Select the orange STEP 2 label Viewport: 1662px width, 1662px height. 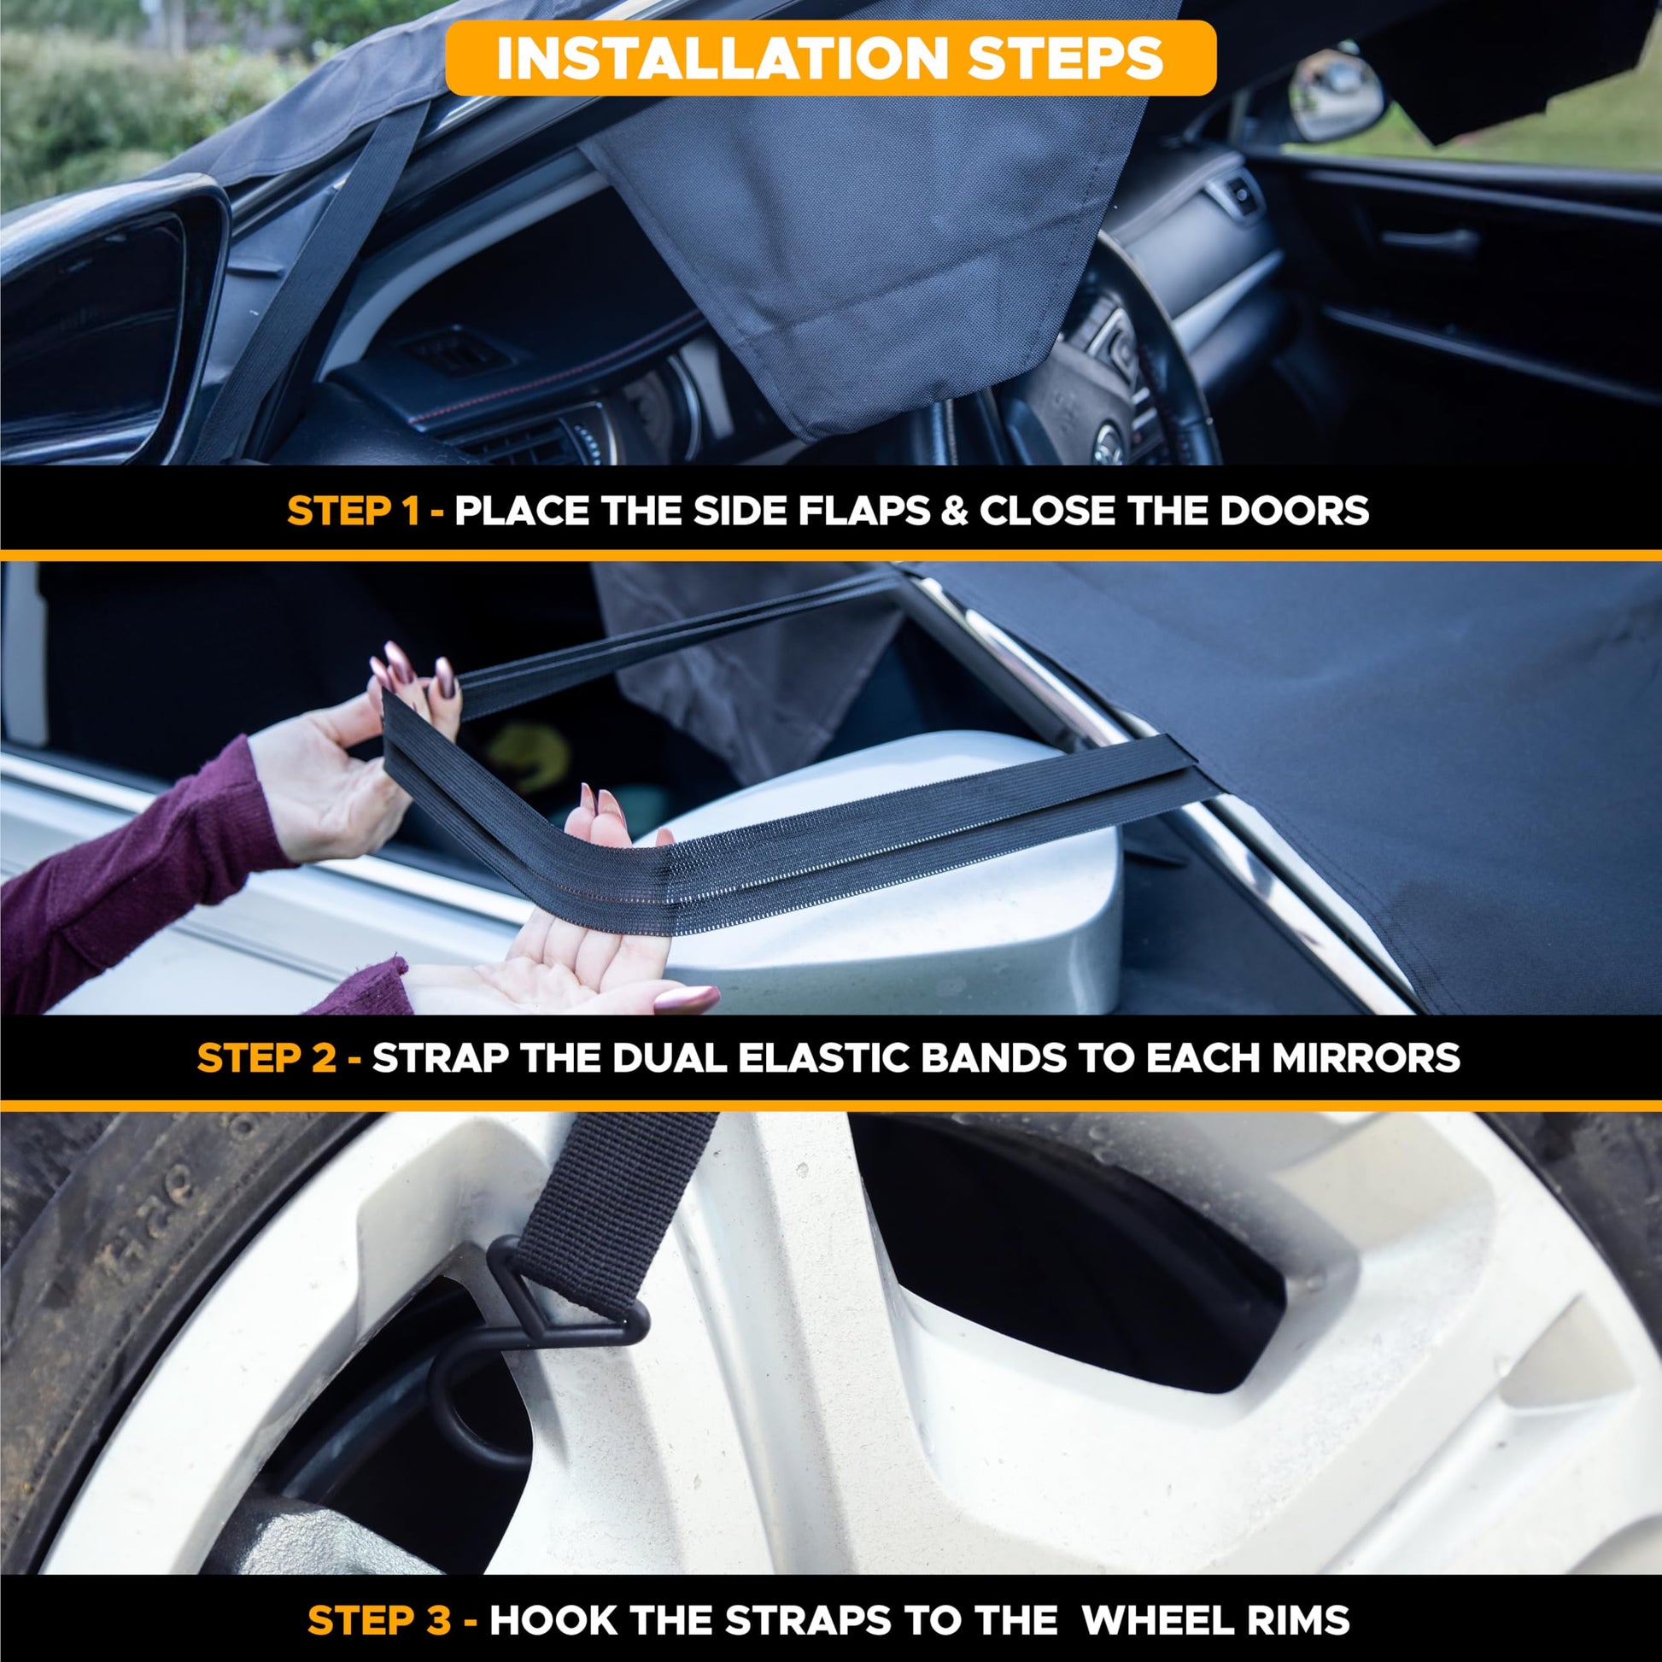(x=266, y=1057)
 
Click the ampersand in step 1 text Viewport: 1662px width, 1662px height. (x=953, y=511)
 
